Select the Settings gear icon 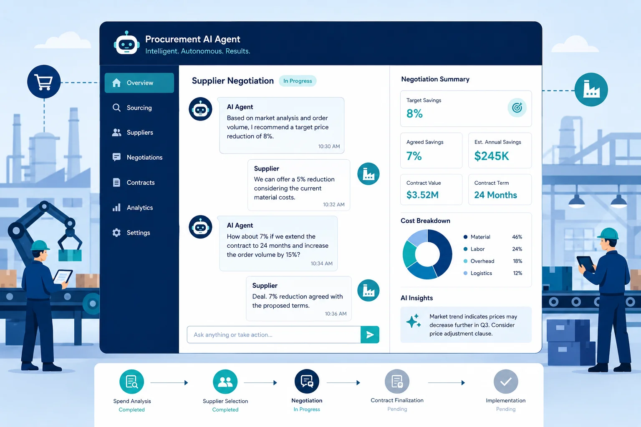[116, 233]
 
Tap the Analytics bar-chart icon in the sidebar [116, 207]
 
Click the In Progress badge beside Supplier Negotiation [298, 81]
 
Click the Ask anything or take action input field [274, 334]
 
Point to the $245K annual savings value [491, 156]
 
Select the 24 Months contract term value [495, 195]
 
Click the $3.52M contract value [422, 195]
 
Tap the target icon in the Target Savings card [517, 108]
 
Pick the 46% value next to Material [517, 237]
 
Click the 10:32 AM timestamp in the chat [334, 204]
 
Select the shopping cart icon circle [44, 82]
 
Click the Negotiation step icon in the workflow [307, 382]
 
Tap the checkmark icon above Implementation [506, 382]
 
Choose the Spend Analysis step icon [131, 382]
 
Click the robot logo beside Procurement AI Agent [126, 43]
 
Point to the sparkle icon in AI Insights [414, 321]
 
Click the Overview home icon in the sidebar [116, 83]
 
